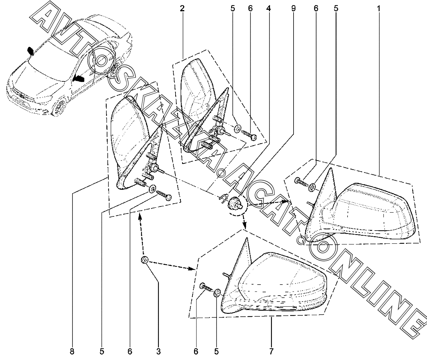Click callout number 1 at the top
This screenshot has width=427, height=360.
click(379, 8)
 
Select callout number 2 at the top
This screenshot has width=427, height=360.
click(182, 8)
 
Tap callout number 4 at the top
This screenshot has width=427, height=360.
click(268, 8)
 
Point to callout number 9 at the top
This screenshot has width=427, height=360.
click(293, 8)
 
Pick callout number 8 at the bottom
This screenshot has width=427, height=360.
click(72, 351)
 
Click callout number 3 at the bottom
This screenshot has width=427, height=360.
click(158, 351)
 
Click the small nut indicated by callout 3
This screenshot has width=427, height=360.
click(145, 260)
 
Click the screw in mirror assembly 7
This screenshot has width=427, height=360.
click(205, 287)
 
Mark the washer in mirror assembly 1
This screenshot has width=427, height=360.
click(312, 188)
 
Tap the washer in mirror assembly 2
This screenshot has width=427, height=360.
click(238, 128)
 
